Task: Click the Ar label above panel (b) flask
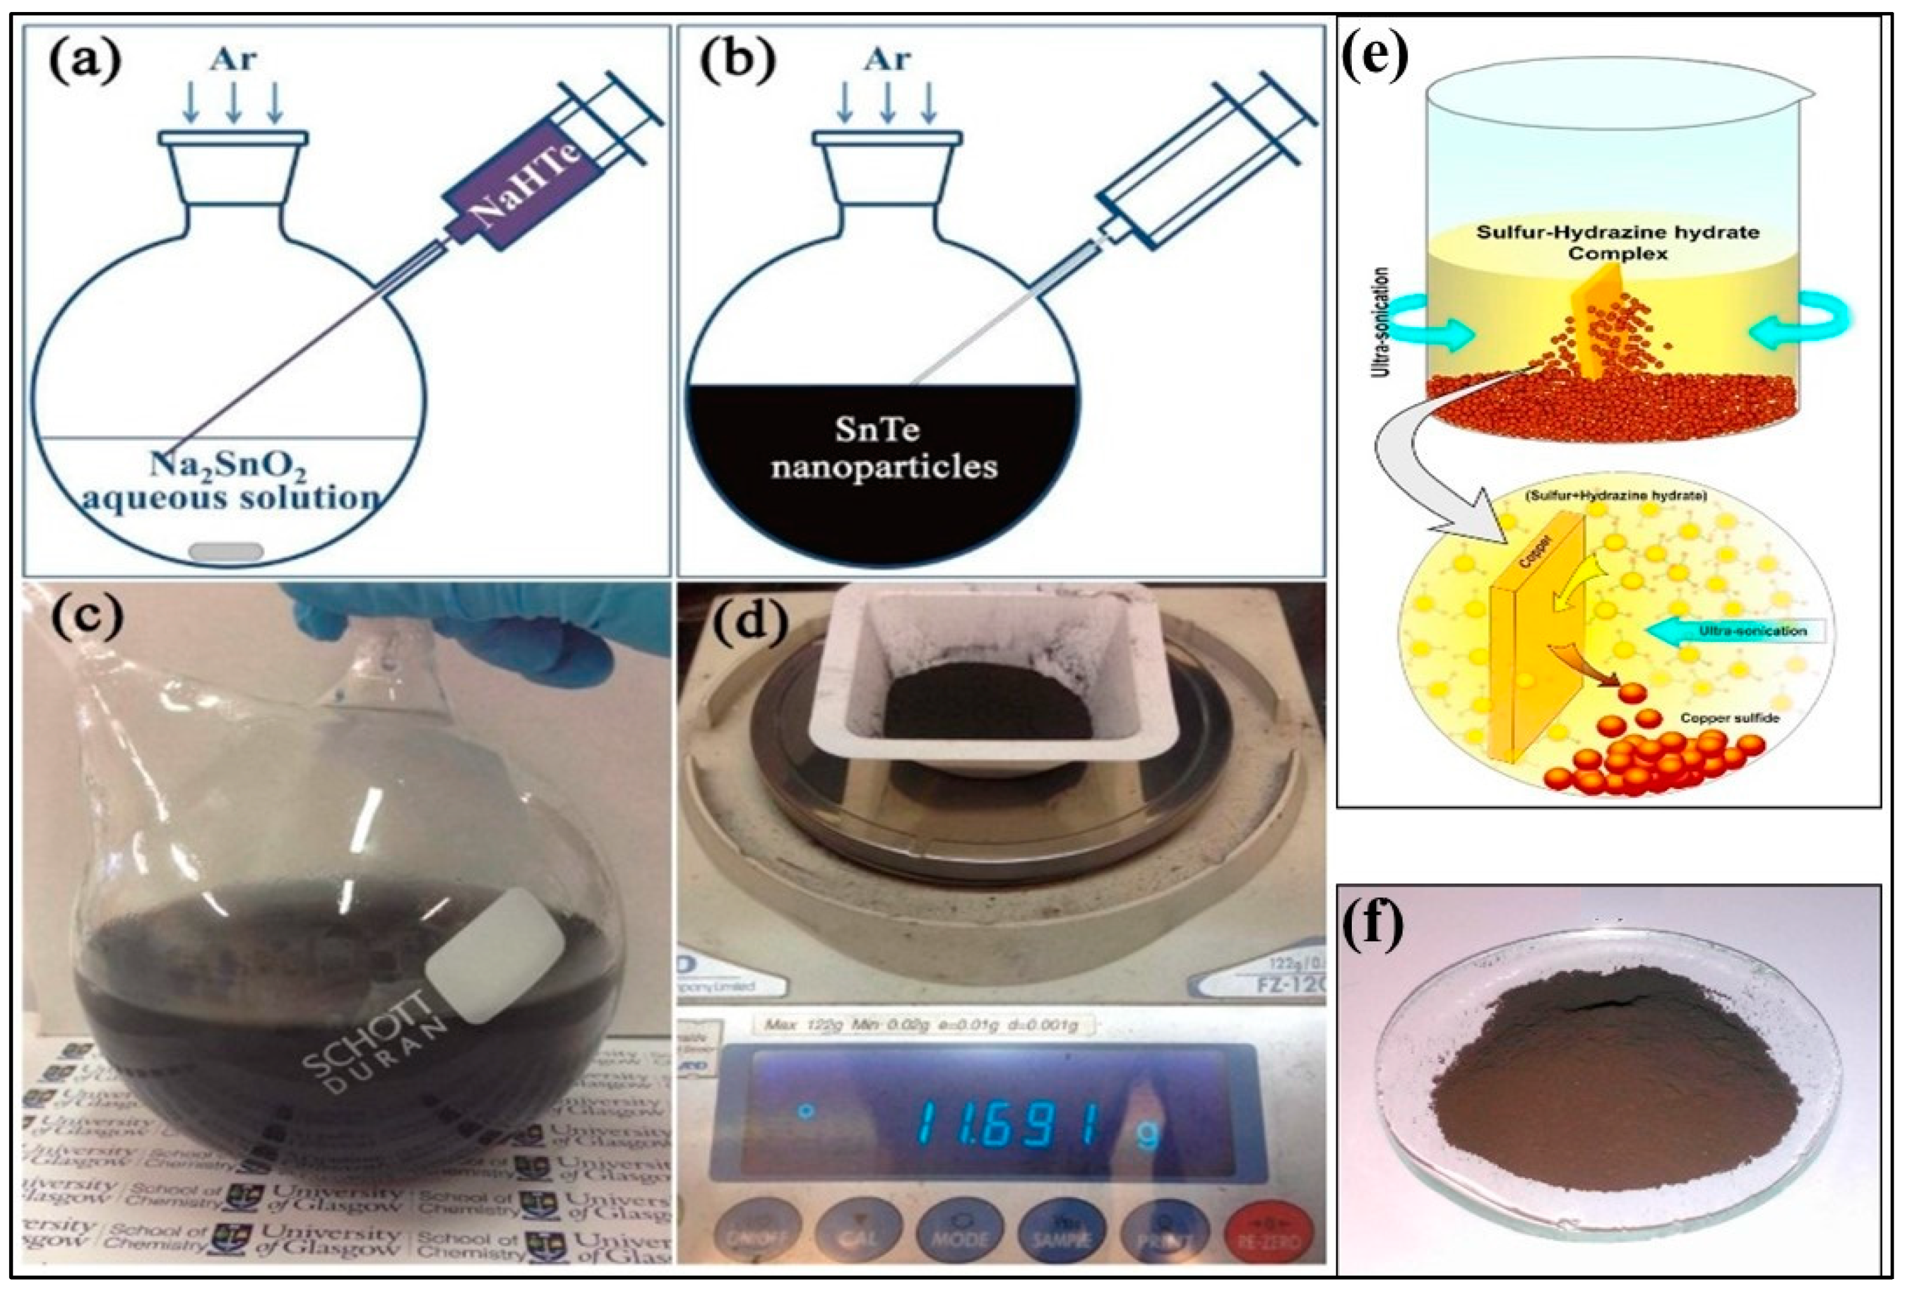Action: (x=886, y=59)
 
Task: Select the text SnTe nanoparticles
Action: (x=883, y=449)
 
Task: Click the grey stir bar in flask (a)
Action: (x=226, y=551)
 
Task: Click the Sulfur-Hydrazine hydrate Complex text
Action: (x=1618, y=242)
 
